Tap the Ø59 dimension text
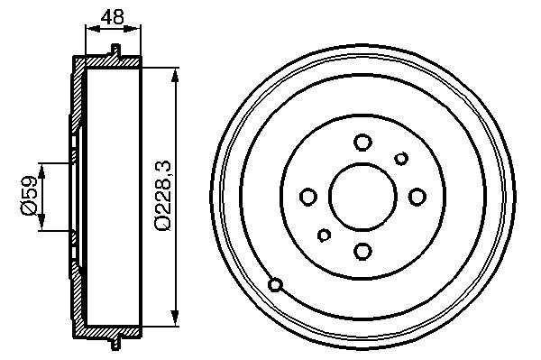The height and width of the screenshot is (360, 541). [x=29, y=196]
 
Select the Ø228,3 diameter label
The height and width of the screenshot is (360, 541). [x=162, y=196]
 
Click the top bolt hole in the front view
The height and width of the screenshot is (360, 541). [x=362, y=143]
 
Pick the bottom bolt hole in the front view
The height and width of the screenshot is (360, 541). [x=362, y=251]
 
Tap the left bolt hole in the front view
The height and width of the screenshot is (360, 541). [x=308, y=197]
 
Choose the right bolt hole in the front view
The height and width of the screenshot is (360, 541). [x=417, y=197]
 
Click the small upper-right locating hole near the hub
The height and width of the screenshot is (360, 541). [x=401, y=159]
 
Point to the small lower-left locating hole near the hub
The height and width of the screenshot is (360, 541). [x=324, y=235]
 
